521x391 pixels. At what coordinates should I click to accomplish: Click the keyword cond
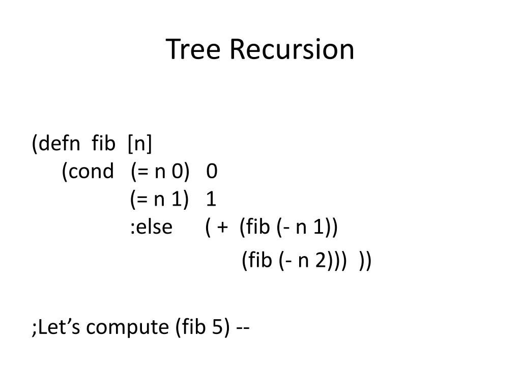pyautogui.click(x=88, y=172)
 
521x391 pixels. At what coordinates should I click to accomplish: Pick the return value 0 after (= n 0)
pyautogui.click(x=212, y=172)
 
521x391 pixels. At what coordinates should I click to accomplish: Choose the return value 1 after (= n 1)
pyautogui.click(x=212, y=199)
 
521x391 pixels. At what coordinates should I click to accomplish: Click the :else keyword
pyautogui.click(x=151, y=227)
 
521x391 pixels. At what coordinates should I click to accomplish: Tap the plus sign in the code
pyautogui.click(x=222, y=227)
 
